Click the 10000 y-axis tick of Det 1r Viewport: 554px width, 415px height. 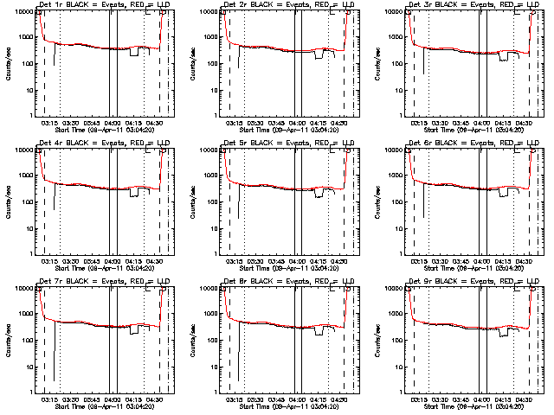(28, 12)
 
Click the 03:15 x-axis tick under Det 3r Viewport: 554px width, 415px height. (419, 122)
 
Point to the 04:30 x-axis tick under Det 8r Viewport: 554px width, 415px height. (341, 399)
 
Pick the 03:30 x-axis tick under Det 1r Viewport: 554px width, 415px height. (69, 122)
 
